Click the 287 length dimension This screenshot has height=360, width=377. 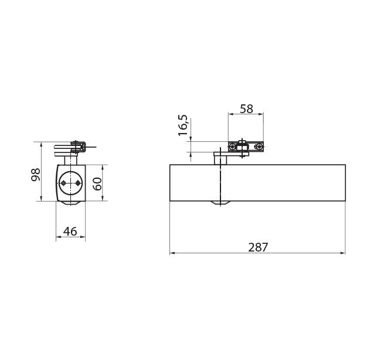258,247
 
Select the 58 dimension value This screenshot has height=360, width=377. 246,108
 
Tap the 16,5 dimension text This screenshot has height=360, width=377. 183,125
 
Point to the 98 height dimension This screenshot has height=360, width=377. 36,175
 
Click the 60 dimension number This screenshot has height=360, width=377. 97,184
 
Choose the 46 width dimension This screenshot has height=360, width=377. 70,232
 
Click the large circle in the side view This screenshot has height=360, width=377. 70,184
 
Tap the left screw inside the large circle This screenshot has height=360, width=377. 63,184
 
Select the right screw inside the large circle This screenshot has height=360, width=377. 77,184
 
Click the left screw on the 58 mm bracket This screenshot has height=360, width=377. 232,147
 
